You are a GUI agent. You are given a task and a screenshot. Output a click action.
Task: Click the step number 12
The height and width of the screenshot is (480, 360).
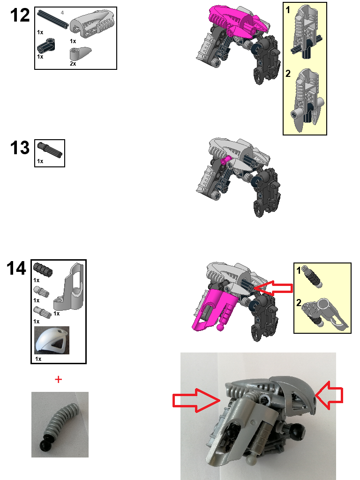pos(20,15)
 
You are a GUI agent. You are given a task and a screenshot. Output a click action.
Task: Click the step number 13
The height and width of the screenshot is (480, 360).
pos(20,148)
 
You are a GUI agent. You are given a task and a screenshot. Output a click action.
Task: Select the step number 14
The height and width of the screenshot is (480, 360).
pos(16,269)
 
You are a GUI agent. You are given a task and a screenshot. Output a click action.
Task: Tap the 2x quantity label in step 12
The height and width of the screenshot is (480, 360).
pos(73,64)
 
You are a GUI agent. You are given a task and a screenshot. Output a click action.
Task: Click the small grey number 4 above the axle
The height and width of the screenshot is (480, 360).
pos(62,12)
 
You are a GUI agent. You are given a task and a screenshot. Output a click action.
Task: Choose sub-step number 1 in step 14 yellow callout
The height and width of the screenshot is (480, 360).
pos(299,270)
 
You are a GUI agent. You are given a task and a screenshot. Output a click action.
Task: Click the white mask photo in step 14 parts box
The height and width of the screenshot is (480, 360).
pos(52,340)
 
